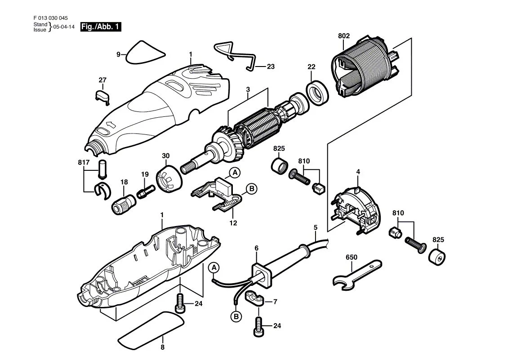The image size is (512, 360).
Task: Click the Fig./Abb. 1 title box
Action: [x=100, y=27]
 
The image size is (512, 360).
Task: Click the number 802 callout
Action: [x=344, y=36]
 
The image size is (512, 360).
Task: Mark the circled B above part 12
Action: [x=251, y=189]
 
